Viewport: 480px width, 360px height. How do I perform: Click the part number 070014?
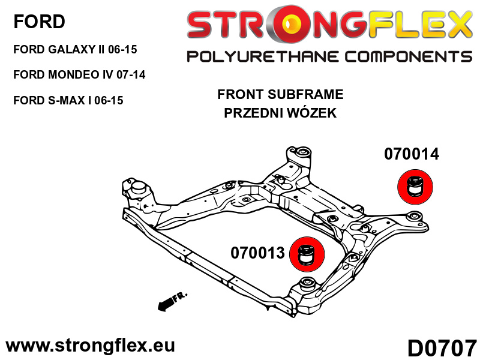point(412,154)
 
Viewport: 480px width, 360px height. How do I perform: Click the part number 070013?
point(257,253)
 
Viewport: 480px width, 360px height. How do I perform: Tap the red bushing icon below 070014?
point(414,187)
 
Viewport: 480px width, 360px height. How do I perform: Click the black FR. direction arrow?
point(172,301)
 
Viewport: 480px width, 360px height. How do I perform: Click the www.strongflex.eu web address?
point(90,346)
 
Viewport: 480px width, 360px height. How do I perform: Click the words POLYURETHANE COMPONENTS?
point(329,57)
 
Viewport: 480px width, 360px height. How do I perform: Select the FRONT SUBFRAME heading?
point(280,94)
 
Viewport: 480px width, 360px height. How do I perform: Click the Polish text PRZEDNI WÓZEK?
point(280,113)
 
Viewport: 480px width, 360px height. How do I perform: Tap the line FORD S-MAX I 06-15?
point(68,100)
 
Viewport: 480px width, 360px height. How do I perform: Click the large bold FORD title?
point(39,22)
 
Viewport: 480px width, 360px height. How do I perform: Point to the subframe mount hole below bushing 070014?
point(412,216)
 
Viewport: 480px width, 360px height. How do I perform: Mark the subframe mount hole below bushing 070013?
point(307,282)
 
